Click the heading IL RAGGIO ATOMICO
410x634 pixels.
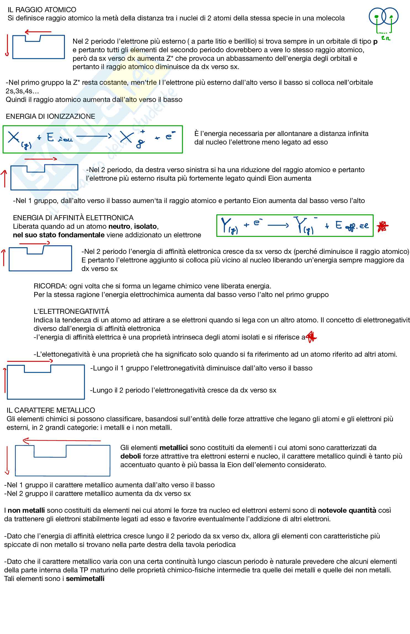[x=42, y=10]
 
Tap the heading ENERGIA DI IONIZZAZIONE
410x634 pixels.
[x=51, y=116]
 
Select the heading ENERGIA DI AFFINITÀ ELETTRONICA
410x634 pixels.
[x=73, y=218]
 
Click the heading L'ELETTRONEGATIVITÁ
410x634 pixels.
[x=72, y=311]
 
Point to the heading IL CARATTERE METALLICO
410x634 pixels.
[x=51, y=410]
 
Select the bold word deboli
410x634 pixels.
[x=131, y=456]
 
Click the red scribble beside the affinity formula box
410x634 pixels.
[x=383, y=226]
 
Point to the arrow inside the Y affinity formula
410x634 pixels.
[x=278, y=225]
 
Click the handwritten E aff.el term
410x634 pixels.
[x=352, y=226]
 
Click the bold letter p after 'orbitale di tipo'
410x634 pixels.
[x=375, y=41]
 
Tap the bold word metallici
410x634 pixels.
[x=174, y=448]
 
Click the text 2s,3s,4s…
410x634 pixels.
[x=23, y=91]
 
